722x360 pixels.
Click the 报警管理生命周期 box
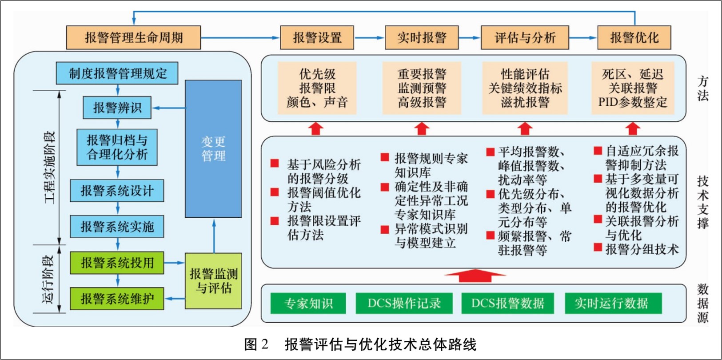(133, 38)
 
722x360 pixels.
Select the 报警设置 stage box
(317, 38)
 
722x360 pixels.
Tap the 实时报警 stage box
(421, 38)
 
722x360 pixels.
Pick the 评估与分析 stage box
(525, 38)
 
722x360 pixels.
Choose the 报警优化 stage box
(634, 38)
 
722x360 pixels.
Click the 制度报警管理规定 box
(117, 73)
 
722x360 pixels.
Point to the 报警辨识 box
(117, 108)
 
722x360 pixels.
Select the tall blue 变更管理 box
(213, 149)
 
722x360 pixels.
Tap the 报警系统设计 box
(117, 191)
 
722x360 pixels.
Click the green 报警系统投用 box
(117, 263)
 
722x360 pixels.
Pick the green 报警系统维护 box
(117, 299)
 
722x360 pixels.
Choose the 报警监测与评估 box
(213, 281)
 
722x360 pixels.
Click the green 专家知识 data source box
(308, 304)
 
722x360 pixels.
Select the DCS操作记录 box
(404, 304)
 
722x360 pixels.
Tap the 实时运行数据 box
(613, 304)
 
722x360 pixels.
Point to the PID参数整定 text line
(632, 102)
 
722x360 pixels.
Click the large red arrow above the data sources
(475, 276)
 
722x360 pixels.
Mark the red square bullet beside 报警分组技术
(598, 248)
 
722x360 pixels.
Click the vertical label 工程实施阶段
(49, 168)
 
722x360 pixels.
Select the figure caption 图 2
(256, 344)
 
